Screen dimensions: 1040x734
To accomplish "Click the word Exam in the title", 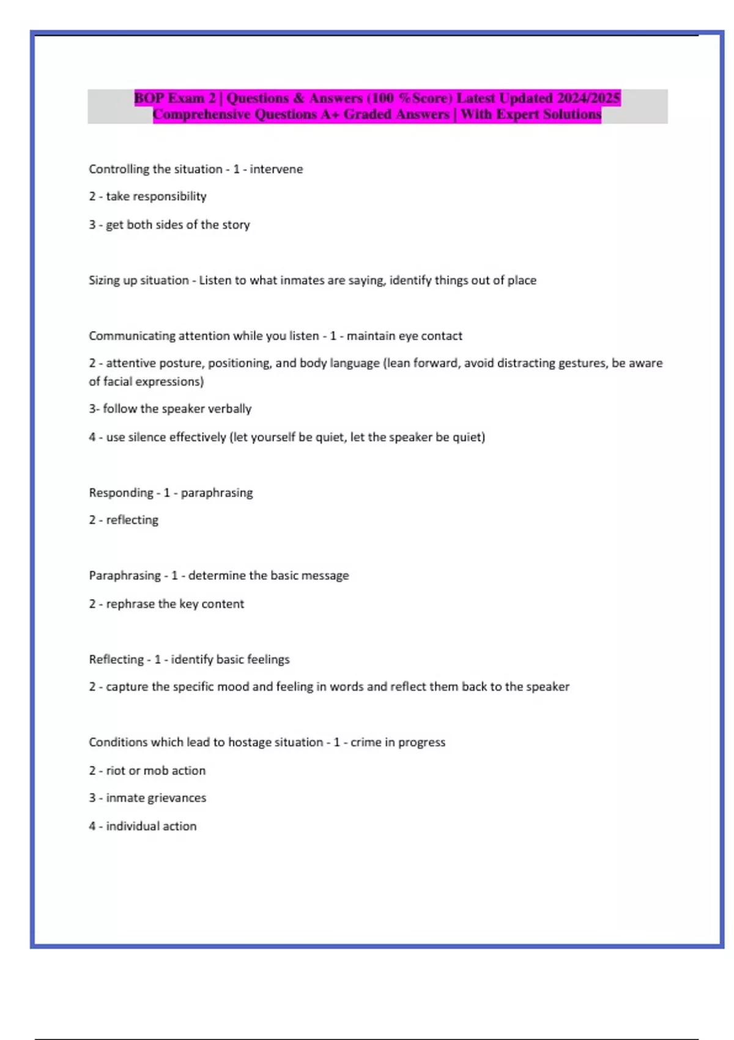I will [186, 98].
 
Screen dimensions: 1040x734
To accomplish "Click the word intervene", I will [276, 169].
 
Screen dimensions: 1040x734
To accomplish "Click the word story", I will [236, 225].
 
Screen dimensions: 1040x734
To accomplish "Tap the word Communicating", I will [132, 336].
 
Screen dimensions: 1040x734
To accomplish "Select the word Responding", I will [121, 493].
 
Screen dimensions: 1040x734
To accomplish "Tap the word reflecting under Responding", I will [132, 520].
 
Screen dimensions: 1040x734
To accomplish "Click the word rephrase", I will [130, 604].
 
